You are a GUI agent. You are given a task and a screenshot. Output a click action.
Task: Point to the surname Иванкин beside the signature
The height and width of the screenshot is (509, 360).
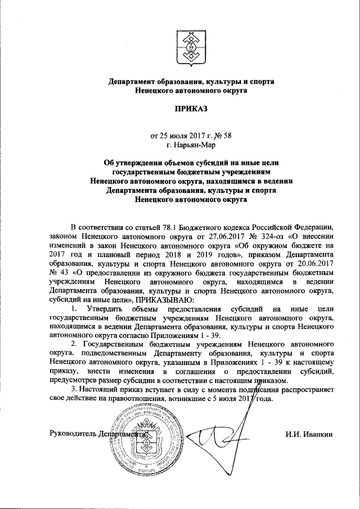[x=317, y=435]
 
